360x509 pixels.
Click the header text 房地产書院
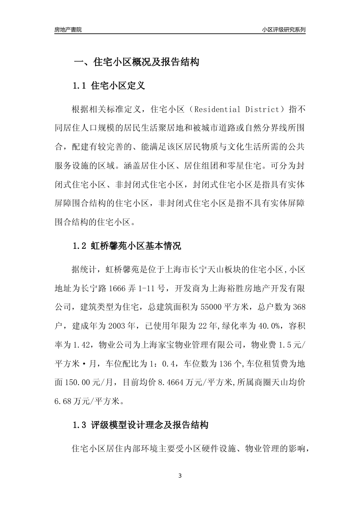point(68,29)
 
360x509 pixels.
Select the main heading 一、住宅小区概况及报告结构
point(136,62)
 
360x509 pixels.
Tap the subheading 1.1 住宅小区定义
point(109,86)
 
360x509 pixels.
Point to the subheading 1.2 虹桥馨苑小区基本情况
point(127,246)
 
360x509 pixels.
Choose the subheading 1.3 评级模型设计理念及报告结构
point(140,425)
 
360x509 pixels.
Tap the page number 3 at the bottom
point(180,476)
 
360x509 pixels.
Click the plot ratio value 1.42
point(81,345)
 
